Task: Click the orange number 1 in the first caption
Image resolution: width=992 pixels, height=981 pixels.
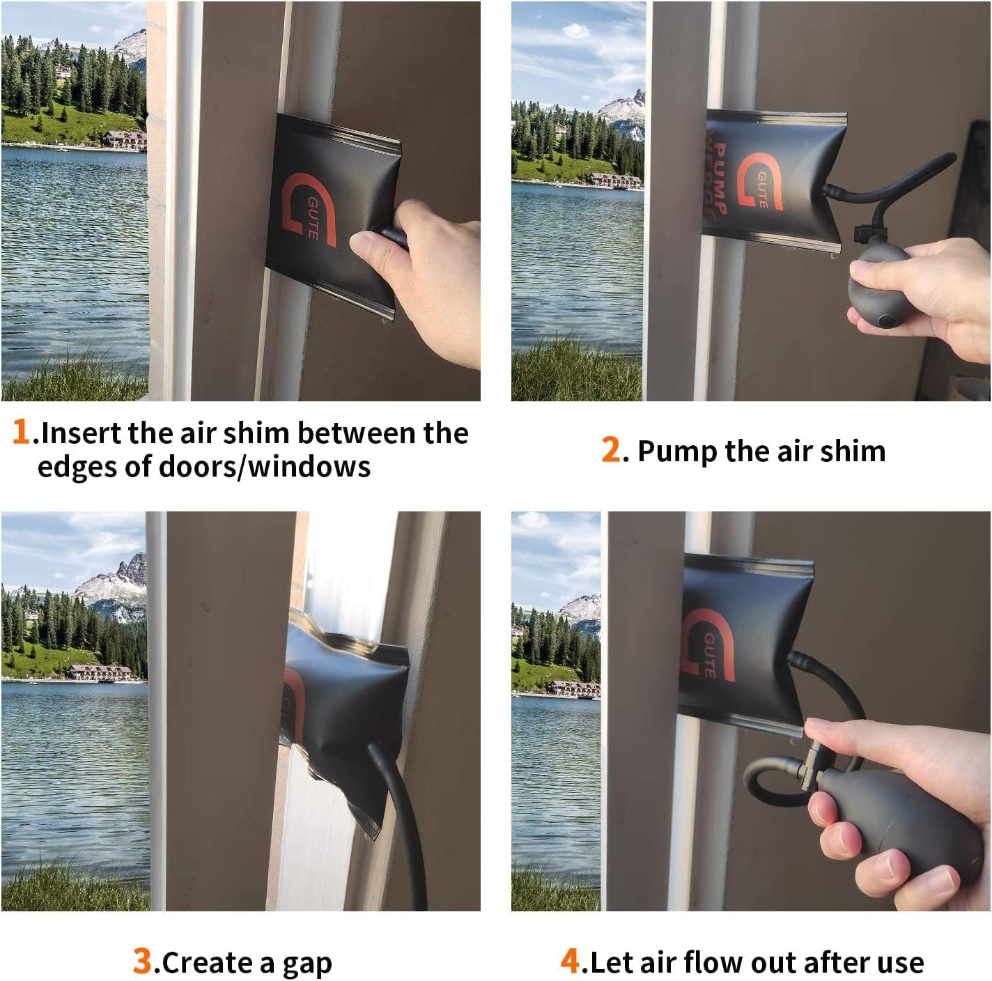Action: (21, 431)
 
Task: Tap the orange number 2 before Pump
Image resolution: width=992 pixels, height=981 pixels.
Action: (611, 449)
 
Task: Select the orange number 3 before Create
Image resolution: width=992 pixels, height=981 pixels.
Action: (143, 961)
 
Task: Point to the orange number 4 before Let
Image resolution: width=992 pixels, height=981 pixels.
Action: (571, 961)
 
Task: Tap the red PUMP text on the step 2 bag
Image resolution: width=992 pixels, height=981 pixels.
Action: (719, 178)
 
